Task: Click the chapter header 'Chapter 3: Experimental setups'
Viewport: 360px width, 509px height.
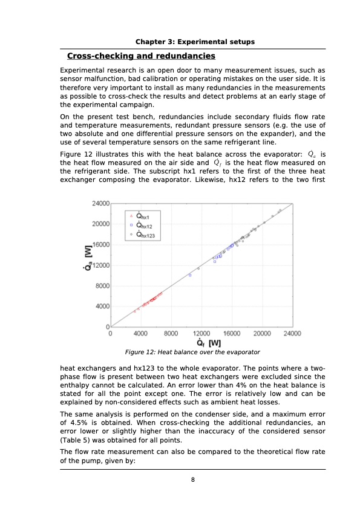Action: [x=195, y=42]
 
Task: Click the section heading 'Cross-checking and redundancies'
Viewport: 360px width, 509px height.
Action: [x=141, y=56]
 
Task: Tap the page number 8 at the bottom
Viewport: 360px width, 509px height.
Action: [x=192, y=480]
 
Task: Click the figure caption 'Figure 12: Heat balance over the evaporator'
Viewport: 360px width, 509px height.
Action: [x=192, y=352]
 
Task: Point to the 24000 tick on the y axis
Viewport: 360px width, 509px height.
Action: [x=100, y=203]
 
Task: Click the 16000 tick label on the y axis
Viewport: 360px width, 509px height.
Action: [x=100, y=244]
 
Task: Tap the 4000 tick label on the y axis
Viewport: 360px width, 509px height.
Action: [x=102, y=306]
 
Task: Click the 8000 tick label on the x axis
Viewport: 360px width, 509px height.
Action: [x=171, y=333]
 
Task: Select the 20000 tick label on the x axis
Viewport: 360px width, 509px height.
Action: [x=262, y=333]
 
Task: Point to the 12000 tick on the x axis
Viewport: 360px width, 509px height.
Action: [x=201, y=333]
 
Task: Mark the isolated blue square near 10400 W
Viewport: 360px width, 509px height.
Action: [x=190, y=275]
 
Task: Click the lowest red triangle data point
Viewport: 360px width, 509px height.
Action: [x=135, y=311]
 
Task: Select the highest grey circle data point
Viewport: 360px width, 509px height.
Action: [x=280, y=210]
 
